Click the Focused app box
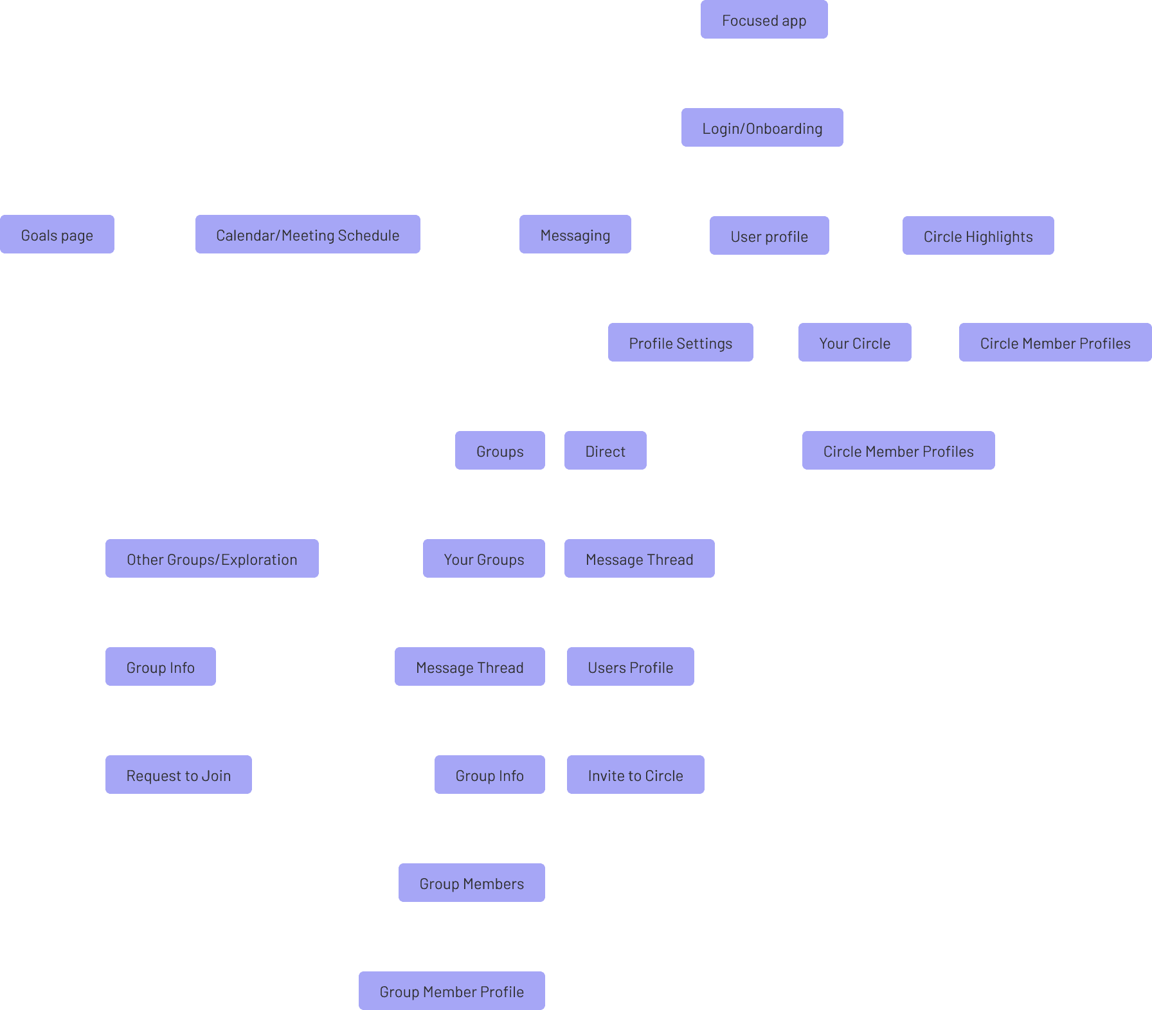tap(764, 19)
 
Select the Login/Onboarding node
tap(762, 127)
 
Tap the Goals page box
tap(57, 234)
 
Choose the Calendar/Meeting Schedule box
tap(308, 234)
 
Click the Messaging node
tap(575, 234)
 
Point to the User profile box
tap(770, 235)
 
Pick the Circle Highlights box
tap(978, 235)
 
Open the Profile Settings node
tap(681, 342)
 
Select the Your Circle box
tap(855, 342)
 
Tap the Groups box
tap(500, 450)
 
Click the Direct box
tap(606, 450)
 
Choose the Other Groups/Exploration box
tap(212, 558)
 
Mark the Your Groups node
tap(484, 558)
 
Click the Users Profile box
tap(631, 666)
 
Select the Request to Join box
tap(179, 775)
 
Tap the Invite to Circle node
tap(636, 775)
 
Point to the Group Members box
tap(472, 883)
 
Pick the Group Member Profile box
tap(452, 991)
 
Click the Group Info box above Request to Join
tap(161, 666)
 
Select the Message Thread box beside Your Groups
tap(640, 558)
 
